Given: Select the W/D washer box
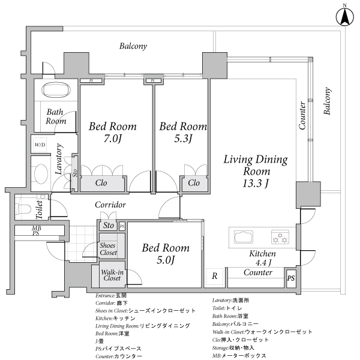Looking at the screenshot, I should point(40,145).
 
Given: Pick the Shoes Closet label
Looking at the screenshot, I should point(109,248).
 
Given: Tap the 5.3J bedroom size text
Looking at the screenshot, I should point(182,140).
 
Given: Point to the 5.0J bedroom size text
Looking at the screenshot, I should point(165,260).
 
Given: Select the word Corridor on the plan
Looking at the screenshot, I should point(110,205).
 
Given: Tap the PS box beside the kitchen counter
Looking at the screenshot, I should point(290,278).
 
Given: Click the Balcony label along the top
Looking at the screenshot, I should point(133,46).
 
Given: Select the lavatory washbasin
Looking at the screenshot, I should point(40,173).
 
